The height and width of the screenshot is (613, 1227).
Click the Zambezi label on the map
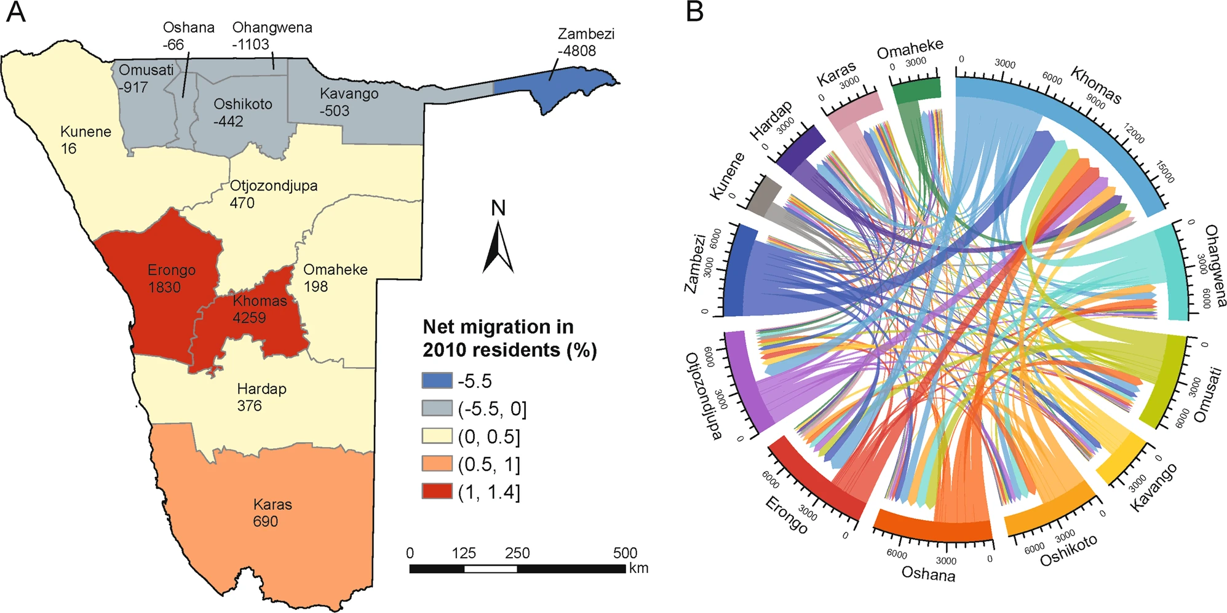point(586,34)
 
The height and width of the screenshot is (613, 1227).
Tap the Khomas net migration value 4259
point(249,318)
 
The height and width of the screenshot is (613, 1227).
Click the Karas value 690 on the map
point(265,521)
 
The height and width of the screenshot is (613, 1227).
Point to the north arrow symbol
point(498,246)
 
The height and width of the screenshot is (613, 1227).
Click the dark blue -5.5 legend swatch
point(437,381)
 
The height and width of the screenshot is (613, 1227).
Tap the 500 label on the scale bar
point(624,553)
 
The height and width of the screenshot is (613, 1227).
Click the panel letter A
point(15,12)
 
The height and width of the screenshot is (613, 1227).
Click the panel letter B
point(694,12)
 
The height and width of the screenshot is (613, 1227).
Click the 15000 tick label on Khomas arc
point(1165,172)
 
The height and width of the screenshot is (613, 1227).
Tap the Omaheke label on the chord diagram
point(910,49)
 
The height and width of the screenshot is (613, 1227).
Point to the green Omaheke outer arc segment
point(916,89)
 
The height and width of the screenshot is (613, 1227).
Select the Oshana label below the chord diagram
point(928,574)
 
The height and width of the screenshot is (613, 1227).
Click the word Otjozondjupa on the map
point(274,186)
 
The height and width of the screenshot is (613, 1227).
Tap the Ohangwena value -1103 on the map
point(250,44)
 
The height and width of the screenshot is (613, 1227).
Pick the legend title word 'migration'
point(516,326)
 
